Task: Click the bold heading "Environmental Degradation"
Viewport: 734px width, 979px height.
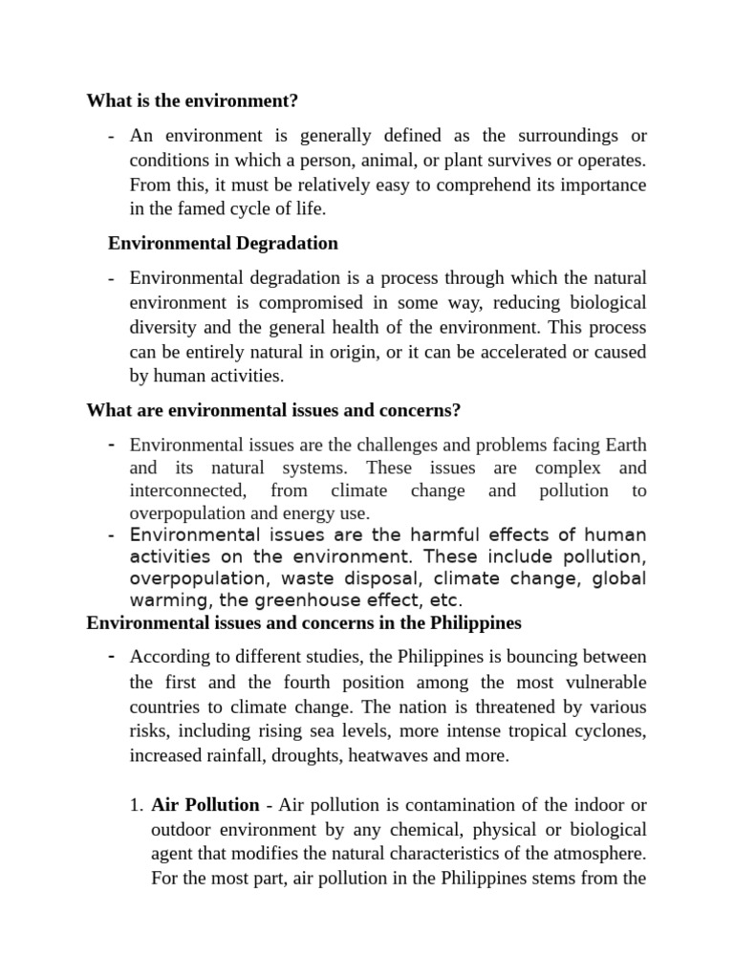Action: [x=223, y=243]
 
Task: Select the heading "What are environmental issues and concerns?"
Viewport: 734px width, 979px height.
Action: [x=273, y=410]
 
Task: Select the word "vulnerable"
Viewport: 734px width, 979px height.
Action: [x=600, y=682]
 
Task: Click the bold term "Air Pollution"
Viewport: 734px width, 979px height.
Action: [x=205, y=804]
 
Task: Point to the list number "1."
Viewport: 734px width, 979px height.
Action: [x=137, y=804]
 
